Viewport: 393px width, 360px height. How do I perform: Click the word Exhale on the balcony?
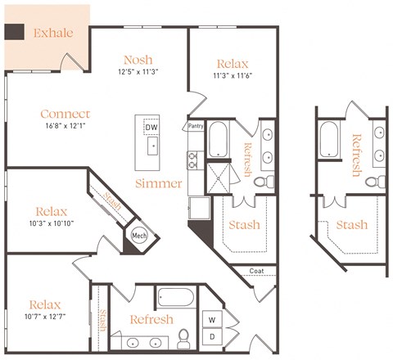tap(53, 34)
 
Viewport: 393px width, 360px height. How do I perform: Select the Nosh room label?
tap(138, 60)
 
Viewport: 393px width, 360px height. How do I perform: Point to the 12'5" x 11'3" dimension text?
tap(138, 72)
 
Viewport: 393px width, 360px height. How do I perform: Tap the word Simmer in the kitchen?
tap(159, 182)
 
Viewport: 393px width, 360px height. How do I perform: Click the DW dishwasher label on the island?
tap(151, 128)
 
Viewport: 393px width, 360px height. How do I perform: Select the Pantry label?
tap(196, 127)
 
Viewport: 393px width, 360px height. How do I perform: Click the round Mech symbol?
tap(138, 236)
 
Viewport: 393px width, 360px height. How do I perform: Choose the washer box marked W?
tap(212, 319)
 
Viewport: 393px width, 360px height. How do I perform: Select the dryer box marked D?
tap(212, 336)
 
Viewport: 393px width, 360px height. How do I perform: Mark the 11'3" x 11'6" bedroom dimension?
tap(233, 76)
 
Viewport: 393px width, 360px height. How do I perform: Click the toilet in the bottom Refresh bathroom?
tap(184, 336)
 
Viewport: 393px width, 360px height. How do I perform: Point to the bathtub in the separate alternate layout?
tap(330, 139)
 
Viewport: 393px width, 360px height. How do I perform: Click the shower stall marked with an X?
tap(219, 178)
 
